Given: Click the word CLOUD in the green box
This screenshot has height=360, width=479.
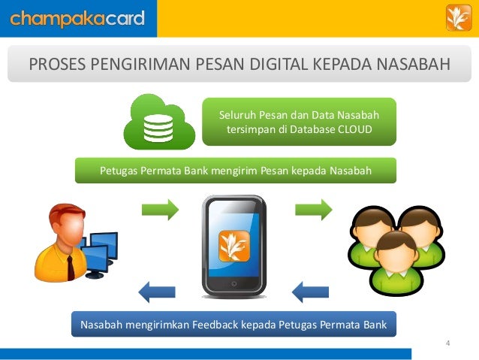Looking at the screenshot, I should point(355,129).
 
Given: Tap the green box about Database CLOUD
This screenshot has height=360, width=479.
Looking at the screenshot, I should point(299,122).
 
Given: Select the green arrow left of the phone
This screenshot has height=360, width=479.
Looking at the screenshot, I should point(160,209).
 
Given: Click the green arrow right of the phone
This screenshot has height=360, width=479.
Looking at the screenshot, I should point(313,209).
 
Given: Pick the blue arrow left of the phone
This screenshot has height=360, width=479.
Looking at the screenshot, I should point(157,289).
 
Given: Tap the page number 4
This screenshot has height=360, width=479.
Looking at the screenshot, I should point(447,344).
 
